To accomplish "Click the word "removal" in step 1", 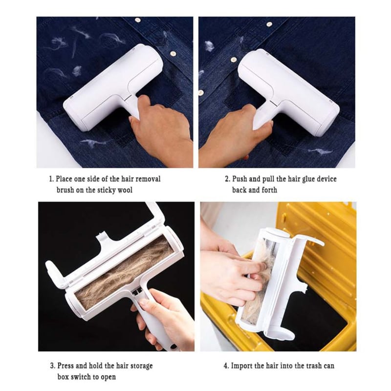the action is coord(148,179).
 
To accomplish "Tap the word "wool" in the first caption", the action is coord(125,190).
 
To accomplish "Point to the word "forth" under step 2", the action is coord(269,190).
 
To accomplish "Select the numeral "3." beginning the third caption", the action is coord(53,366).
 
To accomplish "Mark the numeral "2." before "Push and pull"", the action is coord(228,179).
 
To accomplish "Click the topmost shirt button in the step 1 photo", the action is coord(137,20).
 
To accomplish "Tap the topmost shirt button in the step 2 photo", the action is coord(269,24).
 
